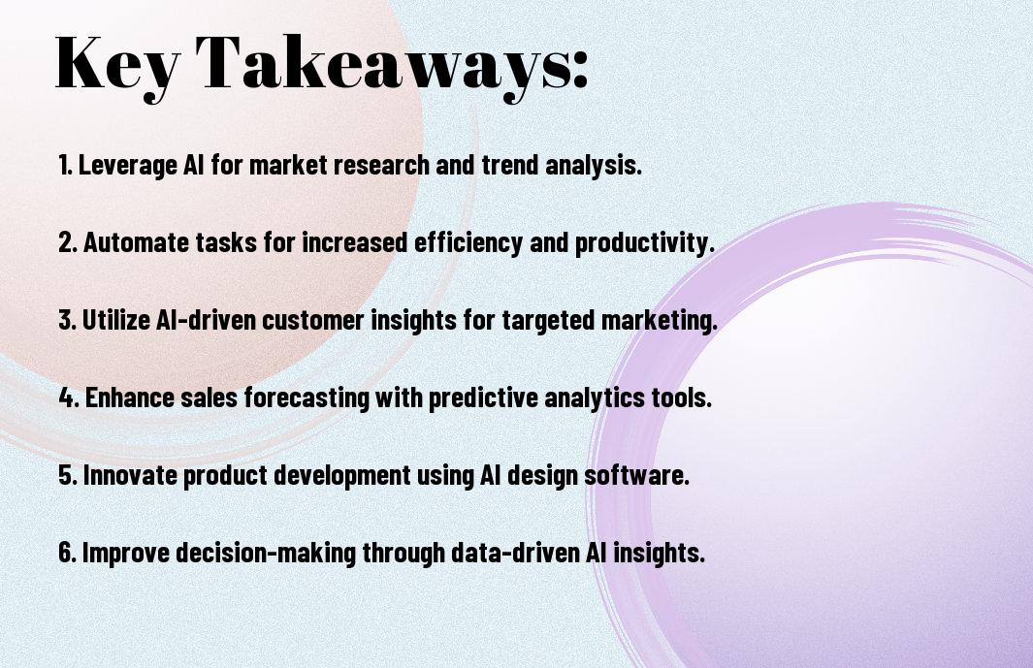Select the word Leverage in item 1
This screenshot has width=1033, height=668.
tap(128, 166)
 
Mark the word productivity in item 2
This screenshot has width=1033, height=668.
tap(644, 243)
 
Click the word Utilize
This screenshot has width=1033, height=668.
tap(116, 320)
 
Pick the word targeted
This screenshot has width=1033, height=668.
tap(548, 321)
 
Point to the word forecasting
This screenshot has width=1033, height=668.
tap(307, 398)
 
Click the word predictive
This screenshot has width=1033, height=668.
tap(484, 398)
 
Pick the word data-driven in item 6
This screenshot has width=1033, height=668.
tap(515, 553)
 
